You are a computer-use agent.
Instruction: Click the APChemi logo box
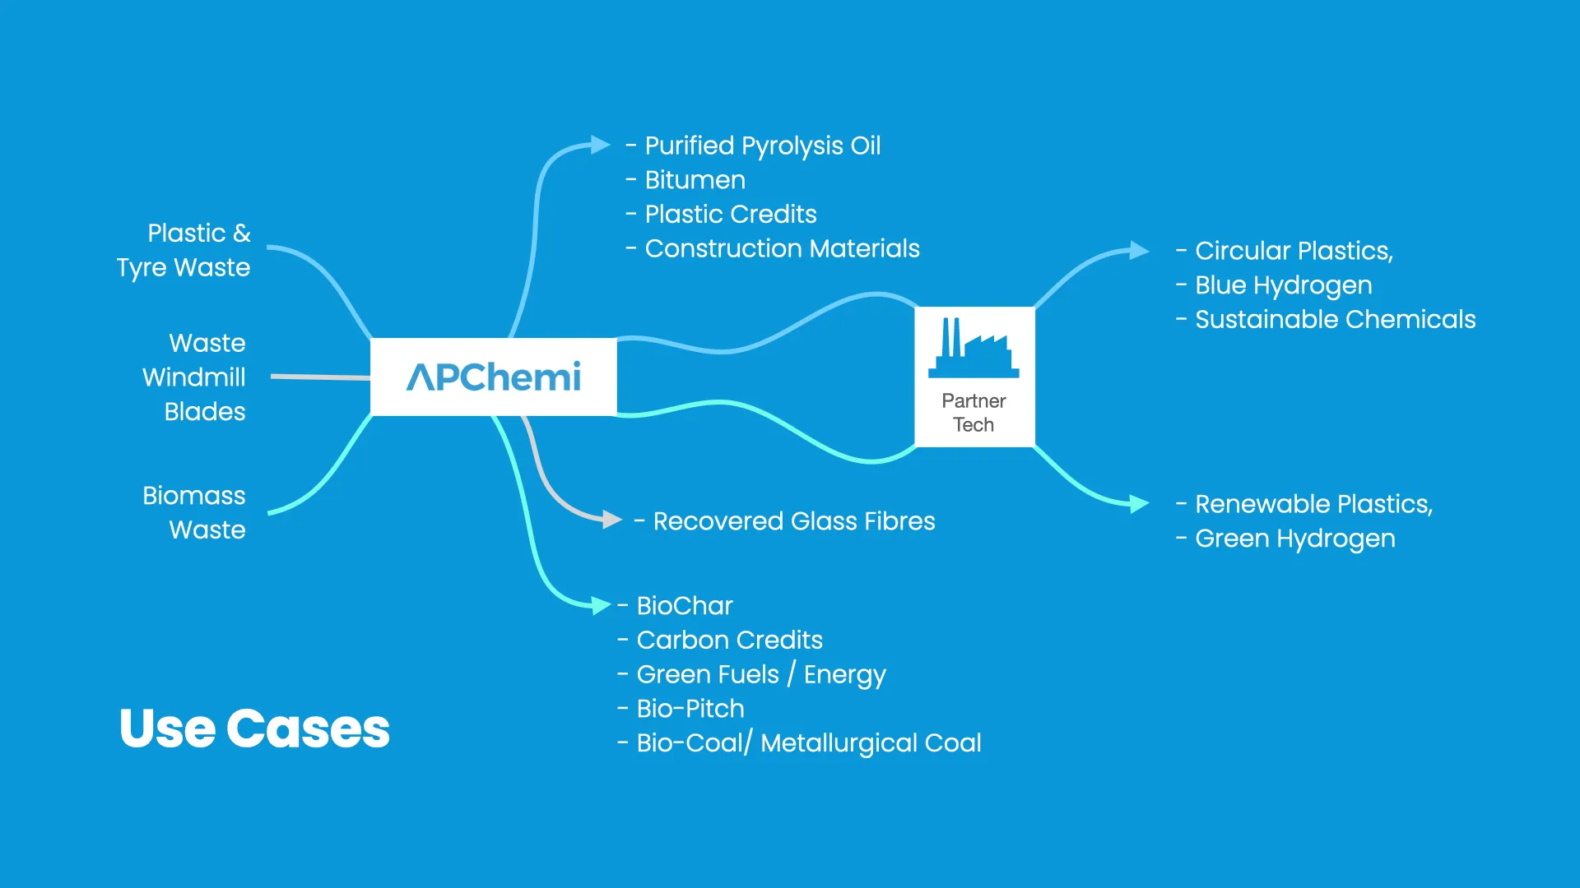coord(493,377)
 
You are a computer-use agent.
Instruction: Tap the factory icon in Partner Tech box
coord(974,348)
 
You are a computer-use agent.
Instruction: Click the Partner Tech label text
coord(974,413)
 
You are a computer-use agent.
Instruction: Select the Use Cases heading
coord(254,728)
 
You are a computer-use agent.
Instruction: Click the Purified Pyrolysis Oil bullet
coord(761,146)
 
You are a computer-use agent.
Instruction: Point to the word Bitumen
coord(695,180)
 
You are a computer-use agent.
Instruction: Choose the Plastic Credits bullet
coord(730,215)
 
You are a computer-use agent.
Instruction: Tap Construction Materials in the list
coord(782,248)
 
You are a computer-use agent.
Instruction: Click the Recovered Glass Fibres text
coord(793,521)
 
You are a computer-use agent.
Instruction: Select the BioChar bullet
coord(684,606)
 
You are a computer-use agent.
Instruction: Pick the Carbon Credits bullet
coord(729,641)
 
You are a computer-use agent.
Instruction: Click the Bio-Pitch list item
coord(690,709)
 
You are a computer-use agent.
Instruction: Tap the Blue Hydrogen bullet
coord(1282,285)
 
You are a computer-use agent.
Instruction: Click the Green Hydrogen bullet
coord(1294,539)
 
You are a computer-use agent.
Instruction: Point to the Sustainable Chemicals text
coord(1335,320)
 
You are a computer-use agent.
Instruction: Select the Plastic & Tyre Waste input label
coord(184,250)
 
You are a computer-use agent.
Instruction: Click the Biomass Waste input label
coord(195,512)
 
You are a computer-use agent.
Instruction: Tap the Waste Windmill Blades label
coord(195,377)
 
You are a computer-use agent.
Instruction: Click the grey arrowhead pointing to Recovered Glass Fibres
coord(611,520)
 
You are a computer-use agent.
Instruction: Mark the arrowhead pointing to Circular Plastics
coord(1139,250)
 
